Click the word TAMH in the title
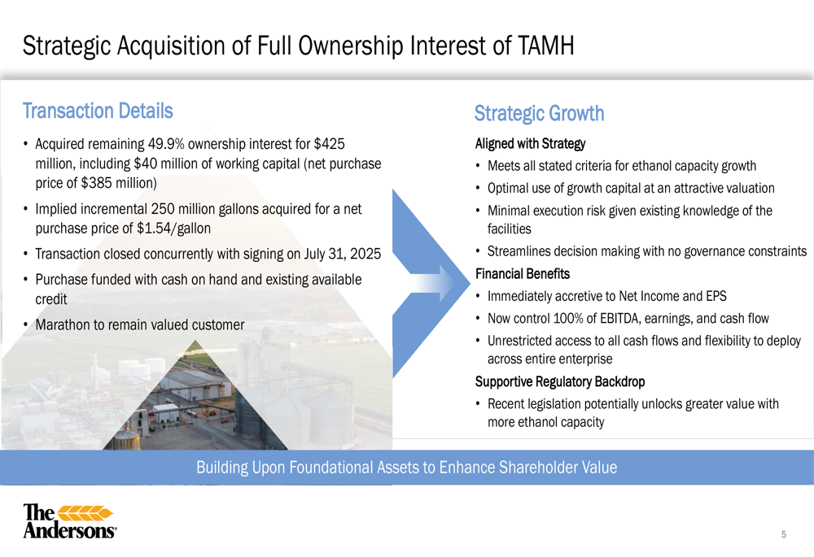(545, 46)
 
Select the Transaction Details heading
(98, 111)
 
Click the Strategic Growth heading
(540, 114)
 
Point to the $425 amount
(329, 144)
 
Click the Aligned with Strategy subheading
(530, 144)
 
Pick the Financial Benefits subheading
(523, 274)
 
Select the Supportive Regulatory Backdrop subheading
(560, 381)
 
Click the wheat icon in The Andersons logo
(85, 513)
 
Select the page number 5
(784, 534)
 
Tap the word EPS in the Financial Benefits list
(716, 296)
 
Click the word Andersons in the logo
(69, 530)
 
